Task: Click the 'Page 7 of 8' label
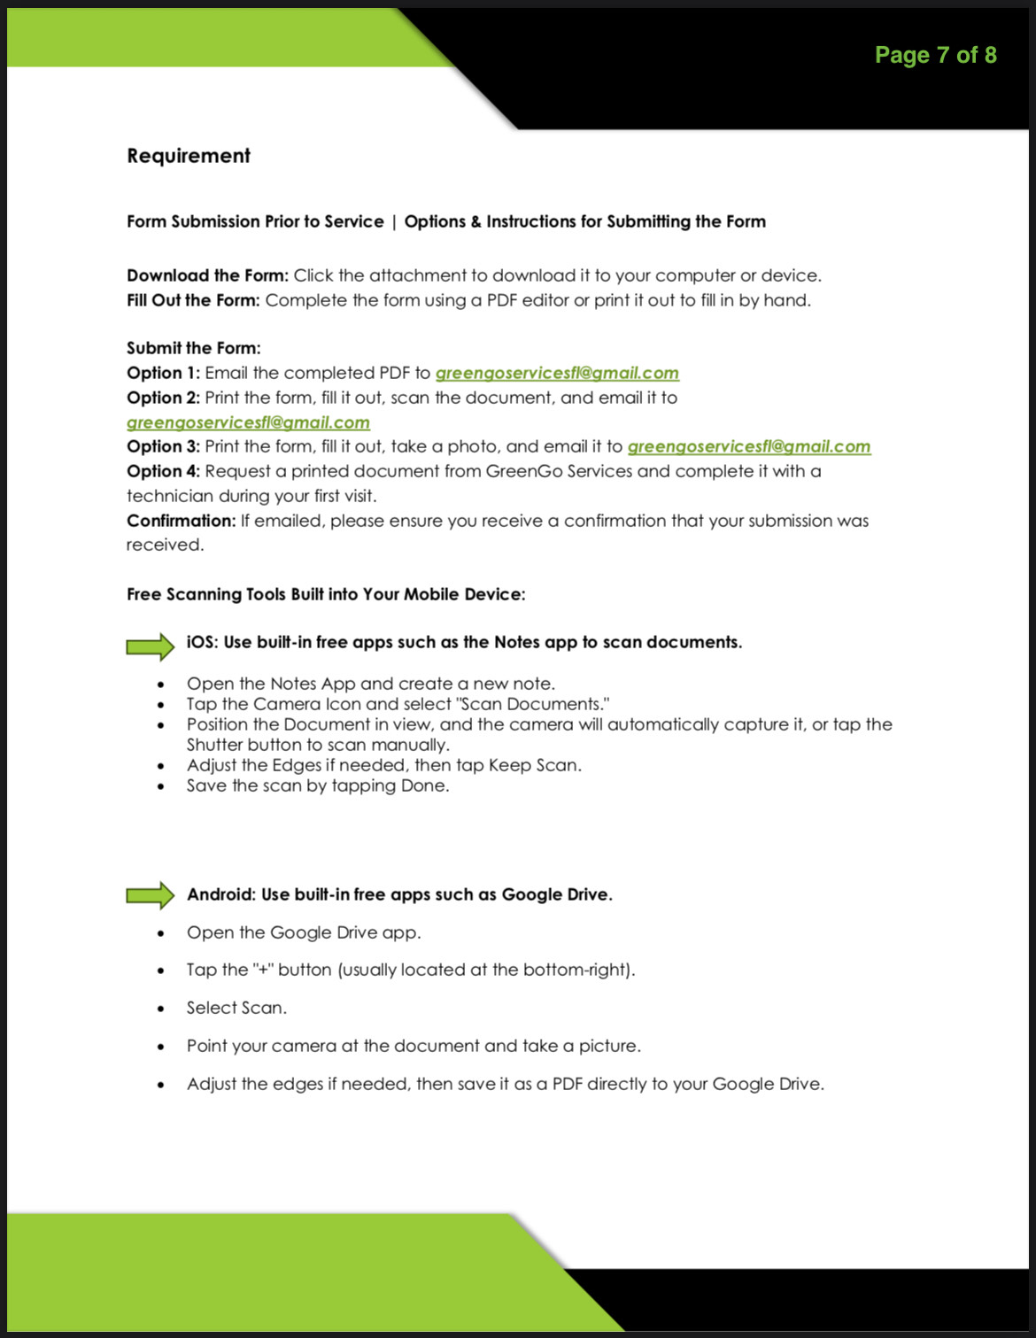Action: (x=935, y=55)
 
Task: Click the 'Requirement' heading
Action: (x=189, y=156)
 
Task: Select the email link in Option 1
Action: (x=557, y=374)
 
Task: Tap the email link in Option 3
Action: (x=749, y=447)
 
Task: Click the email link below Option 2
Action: (x=248, y=423)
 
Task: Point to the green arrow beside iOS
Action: (x=151, y=646)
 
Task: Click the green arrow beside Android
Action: (x=151, y=894)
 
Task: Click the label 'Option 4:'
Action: (x=163, y=471)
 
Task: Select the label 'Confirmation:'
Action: (x=181, y=521)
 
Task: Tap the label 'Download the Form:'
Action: (x=207, y=275)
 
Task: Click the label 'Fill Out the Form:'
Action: (x=193, y=300)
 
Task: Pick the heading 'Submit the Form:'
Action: (x=194, y=348)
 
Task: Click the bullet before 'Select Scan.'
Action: (x=160, y=1009)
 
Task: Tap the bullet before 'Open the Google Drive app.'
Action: (x=160, y=933)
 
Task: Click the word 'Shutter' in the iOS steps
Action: (x=215, y=745)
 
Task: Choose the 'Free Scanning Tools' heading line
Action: (x=326, y=594)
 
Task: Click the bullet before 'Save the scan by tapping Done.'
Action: (x=160, y=786)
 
